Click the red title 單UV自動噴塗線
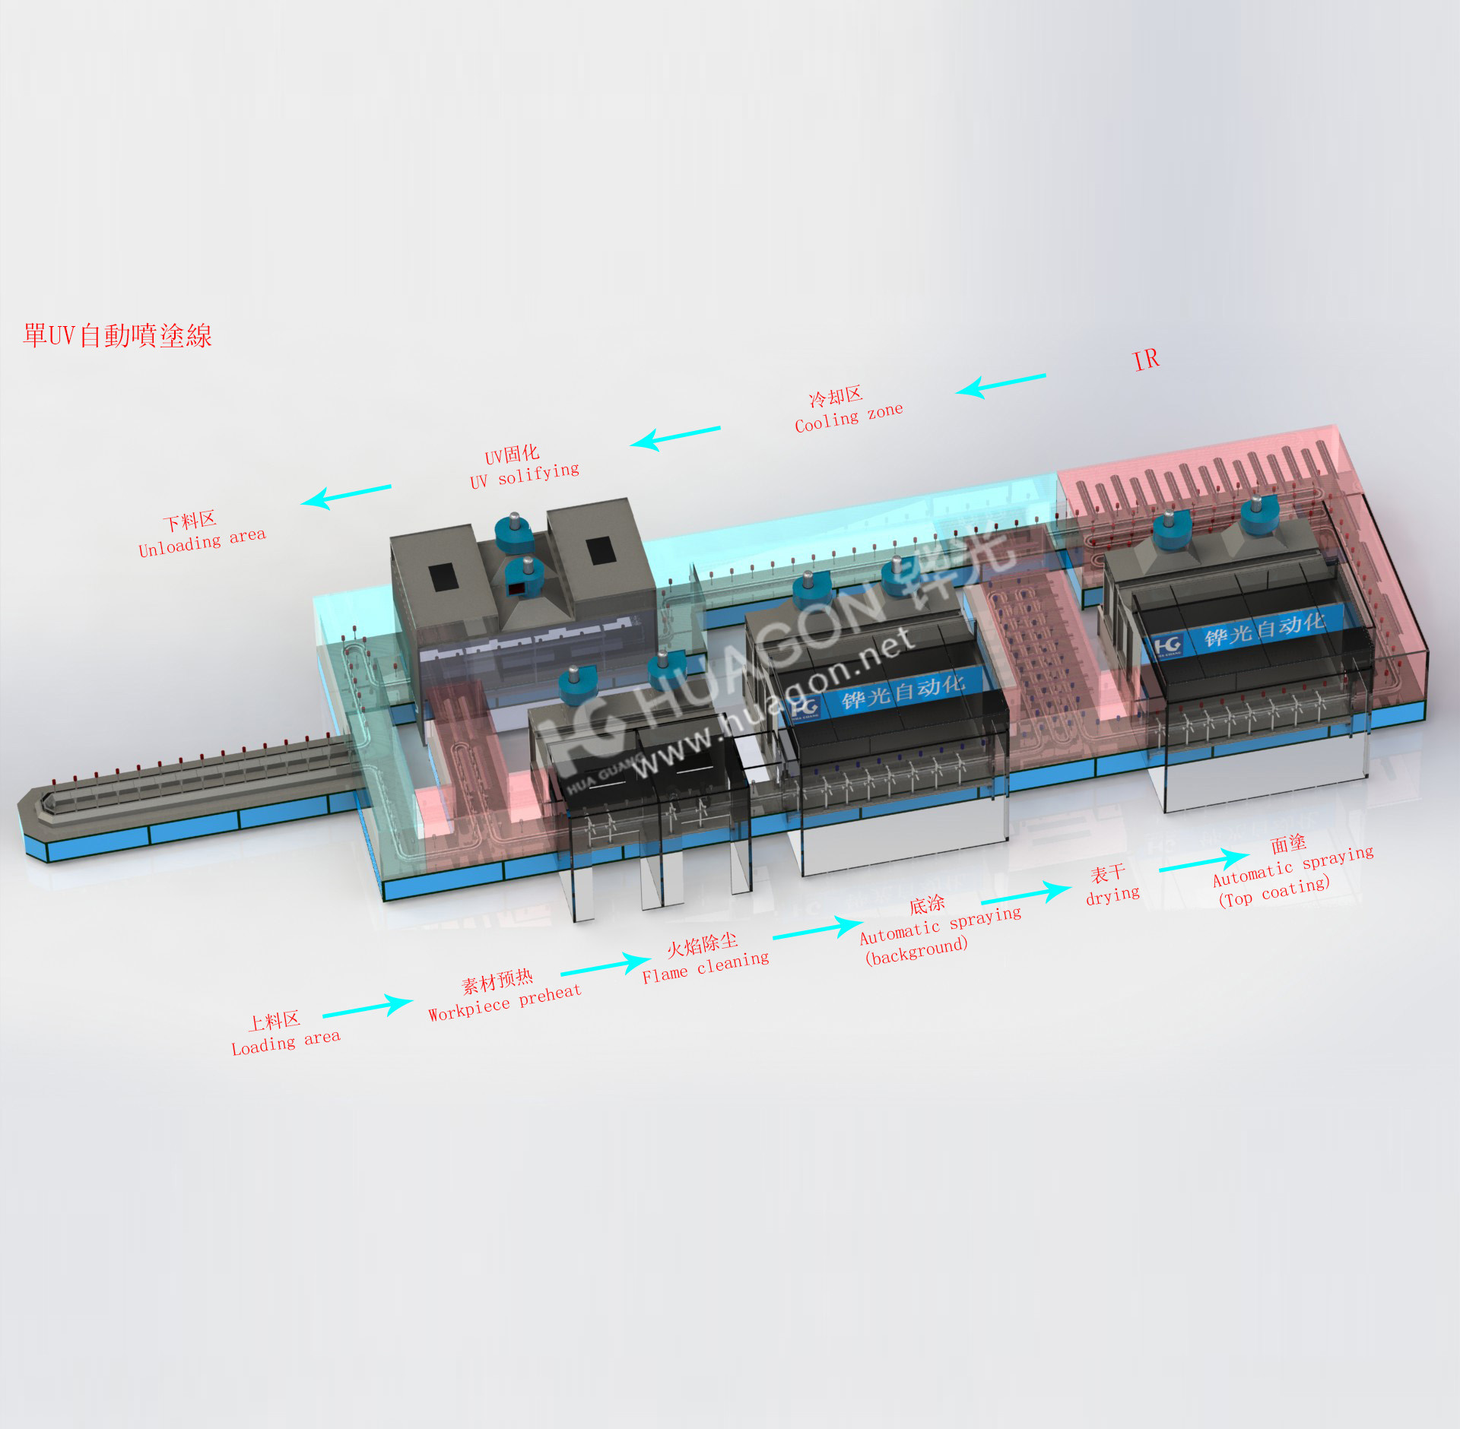pos(117,335)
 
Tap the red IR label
pos(1147,360)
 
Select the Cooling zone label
pos(849,410)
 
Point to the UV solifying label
pos(524,467)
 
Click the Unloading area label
pos(202,534)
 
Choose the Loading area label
pos(286,1034)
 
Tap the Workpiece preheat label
pos(504,995)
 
